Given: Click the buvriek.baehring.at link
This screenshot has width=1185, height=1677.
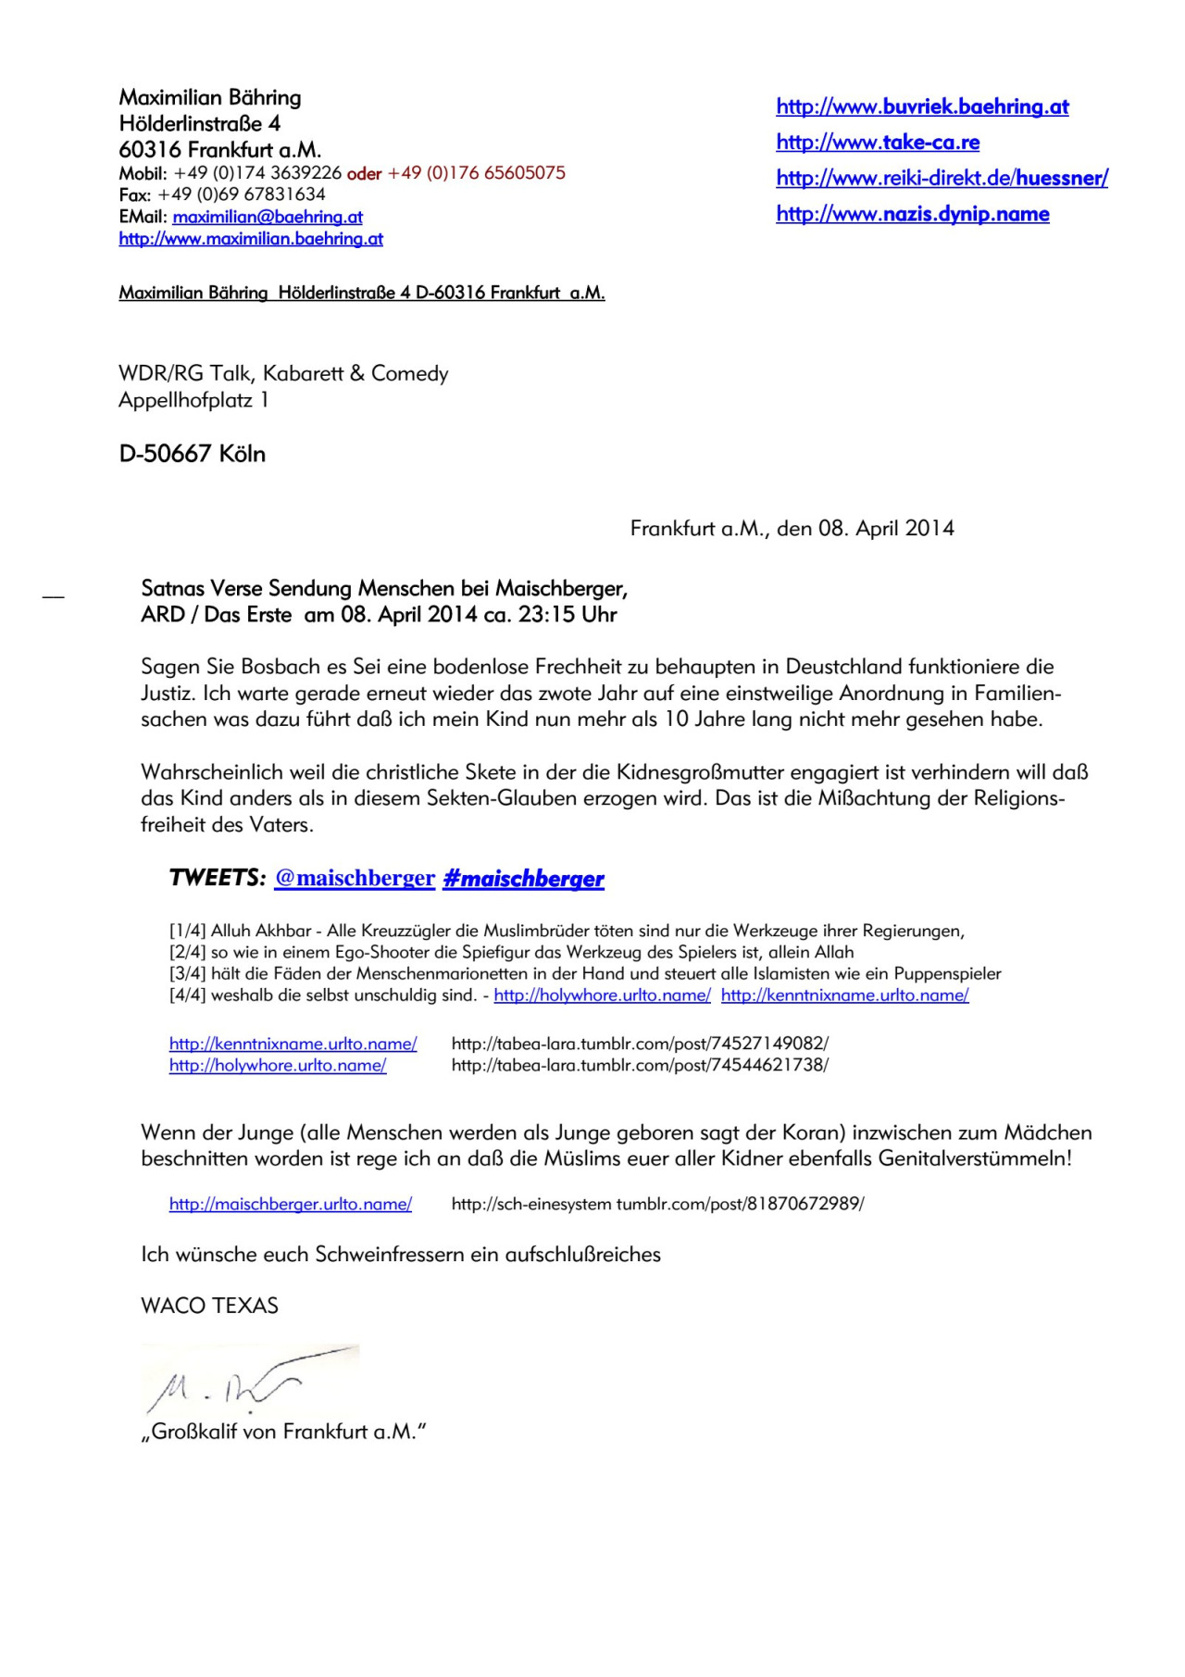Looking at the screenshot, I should (922, 106).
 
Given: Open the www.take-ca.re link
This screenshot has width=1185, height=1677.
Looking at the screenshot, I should (878, 142).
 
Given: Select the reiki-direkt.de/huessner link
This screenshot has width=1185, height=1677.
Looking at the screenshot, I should (942, 178).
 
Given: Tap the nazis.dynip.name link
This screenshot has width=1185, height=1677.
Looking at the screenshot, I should (913, 214).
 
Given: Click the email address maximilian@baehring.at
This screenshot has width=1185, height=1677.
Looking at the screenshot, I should (268, 217).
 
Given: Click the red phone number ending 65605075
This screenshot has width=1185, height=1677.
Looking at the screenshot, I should (477, 173).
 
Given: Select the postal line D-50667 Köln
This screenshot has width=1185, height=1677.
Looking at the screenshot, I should (193, 454).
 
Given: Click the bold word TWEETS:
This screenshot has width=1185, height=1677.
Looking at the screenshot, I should (218, 878).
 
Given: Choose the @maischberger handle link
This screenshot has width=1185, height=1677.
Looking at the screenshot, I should (355, 878).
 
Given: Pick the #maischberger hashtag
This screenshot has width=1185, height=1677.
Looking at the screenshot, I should (523, 879).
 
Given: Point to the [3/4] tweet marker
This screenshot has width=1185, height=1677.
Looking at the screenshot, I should (187, 973).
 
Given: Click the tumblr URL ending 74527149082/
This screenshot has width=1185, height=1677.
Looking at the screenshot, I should (640, 1044).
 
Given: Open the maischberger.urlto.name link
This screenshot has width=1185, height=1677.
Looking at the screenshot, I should (291, 1204).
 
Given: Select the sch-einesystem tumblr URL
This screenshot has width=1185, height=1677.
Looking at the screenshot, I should (657, 1204).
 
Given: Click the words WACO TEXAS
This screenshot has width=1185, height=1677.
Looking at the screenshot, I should (209, 1306).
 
